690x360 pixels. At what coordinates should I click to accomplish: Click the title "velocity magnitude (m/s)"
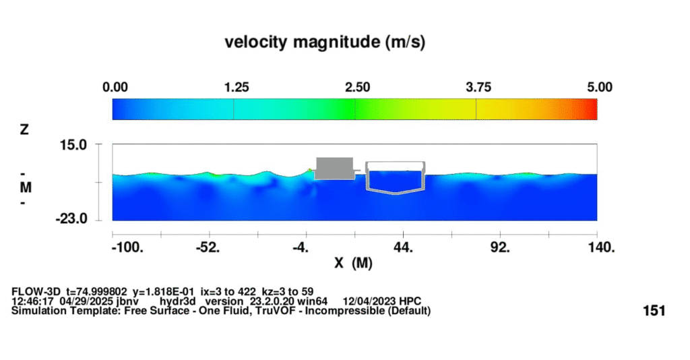point(325,42)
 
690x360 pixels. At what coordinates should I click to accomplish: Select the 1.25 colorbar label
point(237,87)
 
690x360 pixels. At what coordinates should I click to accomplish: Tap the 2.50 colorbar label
point(357,87)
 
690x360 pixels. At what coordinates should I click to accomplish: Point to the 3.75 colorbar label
point(478,87)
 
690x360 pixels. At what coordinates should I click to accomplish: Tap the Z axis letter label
point(26,130)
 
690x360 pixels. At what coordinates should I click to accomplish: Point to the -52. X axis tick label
point(208,247)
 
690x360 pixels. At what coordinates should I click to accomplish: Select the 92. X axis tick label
point(500,247)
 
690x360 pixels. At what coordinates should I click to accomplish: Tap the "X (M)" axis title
point(354,263)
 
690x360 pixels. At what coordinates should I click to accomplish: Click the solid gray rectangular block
point(334,168)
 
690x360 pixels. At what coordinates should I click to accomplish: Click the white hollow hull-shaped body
point(395,178)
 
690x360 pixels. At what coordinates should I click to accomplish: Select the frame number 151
point(654,311)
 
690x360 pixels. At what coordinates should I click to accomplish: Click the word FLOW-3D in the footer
point(36,291)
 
